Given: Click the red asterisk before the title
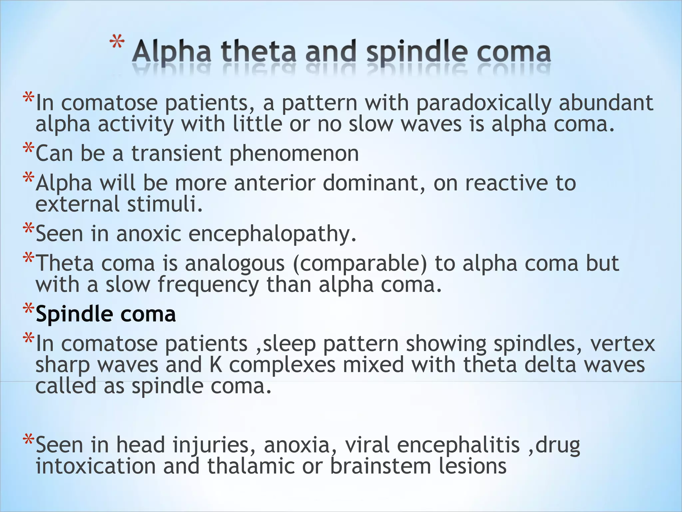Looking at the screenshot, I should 117,44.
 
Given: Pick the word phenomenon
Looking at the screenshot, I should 294,154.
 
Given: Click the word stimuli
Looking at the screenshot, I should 165,204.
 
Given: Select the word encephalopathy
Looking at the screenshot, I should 272,234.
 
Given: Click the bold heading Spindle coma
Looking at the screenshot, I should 106,314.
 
